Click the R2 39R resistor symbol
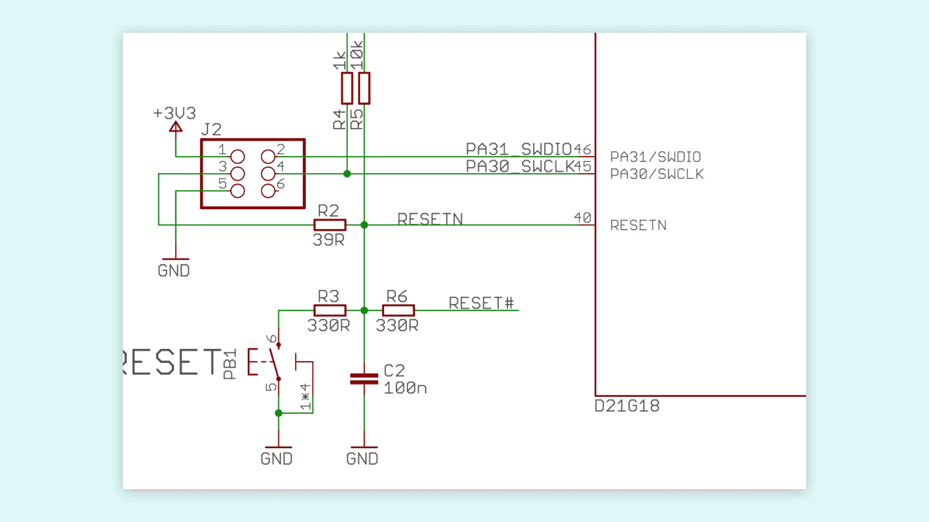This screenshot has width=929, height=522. click(x=330, y=225)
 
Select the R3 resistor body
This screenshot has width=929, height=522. click(x=330, y=310)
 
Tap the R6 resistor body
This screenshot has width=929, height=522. click(x=398, y=310)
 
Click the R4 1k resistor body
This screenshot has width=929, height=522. click(x=347, y=88)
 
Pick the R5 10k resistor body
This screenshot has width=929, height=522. click(x=364, y=88)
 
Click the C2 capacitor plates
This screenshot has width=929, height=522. click(x=364, y=378)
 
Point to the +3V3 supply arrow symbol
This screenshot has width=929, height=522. click(x=176, y=127)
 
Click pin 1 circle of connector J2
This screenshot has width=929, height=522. click(x=238, y=157)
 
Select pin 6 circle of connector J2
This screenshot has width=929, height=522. click(x=268, y=191)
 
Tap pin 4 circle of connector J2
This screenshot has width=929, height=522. click(x=268, y=174)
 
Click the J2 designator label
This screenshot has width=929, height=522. click(x=211, y=130)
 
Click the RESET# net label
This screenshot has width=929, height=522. click(x=481, y=303)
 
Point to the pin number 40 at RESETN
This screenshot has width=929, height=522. click(x=583, y=217)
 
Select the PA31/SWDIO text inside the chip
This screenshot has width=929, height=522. click(x=655, y=157)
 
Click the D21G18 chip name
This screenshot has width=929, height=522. click(x=627, y=406)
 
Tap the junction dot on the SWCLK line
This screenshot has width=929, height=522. click(x=347, y=174)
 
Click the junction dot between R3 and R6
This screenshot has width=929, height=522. click(x=364, y=310)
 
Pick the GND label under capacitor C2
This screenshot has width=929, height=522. click(x=362, y=459)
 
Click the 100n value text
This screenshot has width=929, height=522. click(x=405, y=388)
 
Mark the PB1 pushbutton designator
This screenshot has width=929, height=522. click(x=230, y=364)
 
